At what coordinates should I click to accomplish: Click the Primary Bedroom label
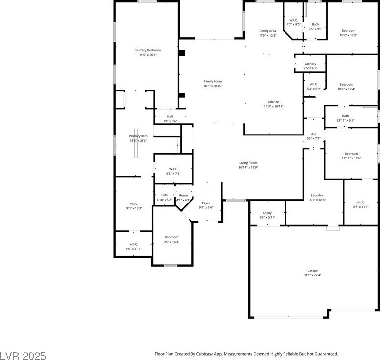click(148, 50)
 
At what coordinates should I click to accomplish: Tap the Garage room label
click(312, 271)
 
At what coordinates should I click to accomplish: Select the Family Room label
click(213, 81)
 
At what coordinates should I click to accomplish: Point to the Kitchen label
click(273, 102)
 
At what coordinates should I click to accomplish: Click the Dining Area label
click(267, 31)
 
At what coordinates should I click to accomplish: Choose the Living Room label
click(248, 163)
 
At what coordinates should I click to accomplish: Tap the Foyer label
click(206, 203)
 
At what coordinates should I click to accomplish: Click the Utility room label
click(267, 213)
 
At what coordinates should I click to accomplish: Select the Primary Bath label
click(138, 136)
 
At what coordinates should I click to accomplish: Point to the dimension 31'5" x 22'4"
click(312, 275)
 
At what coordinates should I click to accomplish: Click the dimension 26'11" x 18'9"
click(248, 167)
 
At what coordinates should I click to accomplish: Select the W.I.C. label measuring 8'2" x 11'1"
click(361, 202)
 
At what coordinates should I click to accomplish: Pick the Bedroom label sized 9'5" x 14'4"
click(171, 237)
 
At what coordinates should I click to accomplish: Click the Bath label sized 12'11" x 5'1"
click(346, 116)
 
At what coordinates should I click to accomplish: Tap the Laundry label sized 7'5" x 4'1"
click(310, 64)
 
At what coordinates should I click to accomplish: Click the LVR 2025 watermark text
click(23, 353)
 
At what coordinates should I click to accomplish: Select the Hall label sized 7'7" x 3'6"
click(170, 116)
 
